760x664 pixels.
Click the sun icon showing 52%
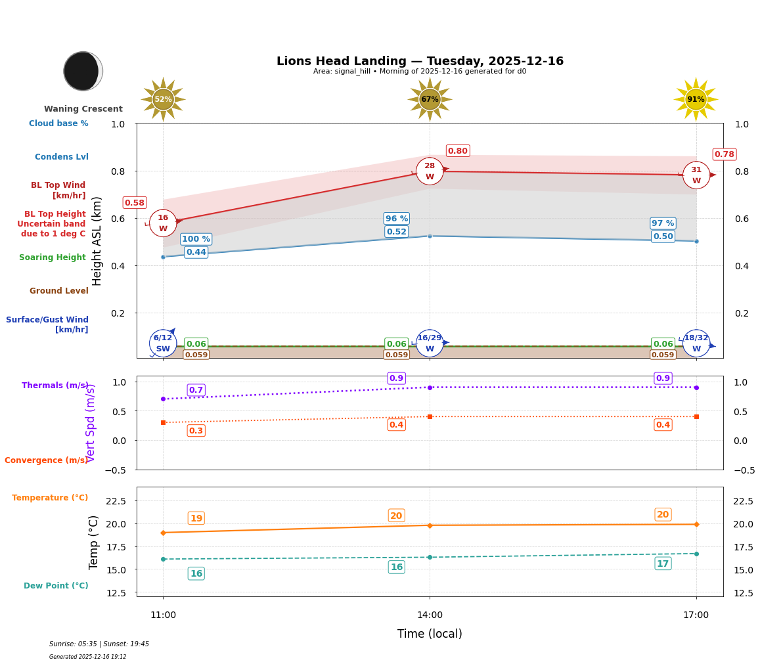pyautogui.click(x=163, y=99)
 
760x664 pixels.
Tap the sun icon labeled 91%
pyautogui.click(x=696, y=99)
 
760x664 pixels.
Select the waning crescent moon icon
pyautogui.click(x=83, y=71)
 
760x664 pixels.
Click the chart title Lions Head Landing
pyautogui.click(x=420, y=61)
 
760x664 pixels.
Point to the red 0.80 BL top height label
pyautogui.click(x=457, y=151)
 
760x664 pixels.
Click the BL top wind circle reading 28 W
pyautogui.click(x=430, y=171)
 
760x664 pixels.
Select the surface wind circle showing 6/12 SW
pyautogui.click(x=163, y=343)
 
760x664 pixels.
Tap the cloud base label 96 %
pyautogui.click(x=396, y=219)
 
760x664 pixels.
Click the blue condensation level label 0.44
pyautogui.click(x=196, y=252)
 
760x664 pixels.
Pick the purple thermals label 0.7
pyautogui.click(x=196, y=390)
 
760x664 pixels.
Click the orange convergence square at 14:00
pyautogui.click(x=430, y=416)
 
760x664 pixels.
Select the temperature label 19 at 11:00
pyautogui.click(x=196, y=518)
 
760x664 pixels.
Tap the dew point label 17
pyautogui.click(x=663, y=564)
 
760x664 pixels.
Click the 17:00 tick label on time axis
pyautogui.click(x=696, y=615)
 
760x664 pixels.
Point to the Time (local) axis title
pyautogui.click(x=430, y=634)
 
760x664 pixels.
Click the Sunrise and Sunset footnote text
pyautogui.click(x=99, y=644)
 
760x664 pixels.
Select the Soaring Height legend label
pyautogui.click(x=53, y=257)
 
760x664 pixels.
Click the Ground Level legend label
pyautogui.click(x=59, y=291)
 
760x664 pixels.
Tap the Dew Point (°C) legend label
pyautogui.click(x=56, y=586)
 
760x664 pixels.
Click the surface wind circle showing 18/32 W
pyautogui.click(x=696, y=343)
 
